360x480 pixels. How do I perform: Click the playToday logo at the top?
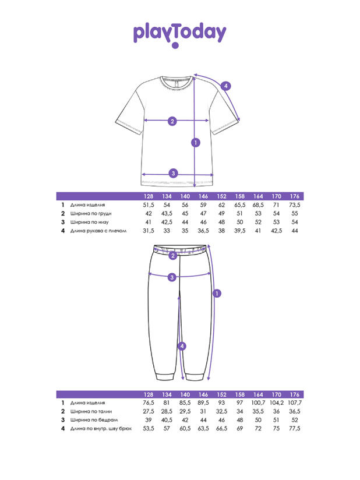(179, 34)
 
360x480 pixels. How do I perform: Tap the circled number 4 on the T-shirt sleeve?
(226, 86)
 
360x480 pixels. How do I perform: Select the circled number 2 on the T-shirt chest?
(172, 121)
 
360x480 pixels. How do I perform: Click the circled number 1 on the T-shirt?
(196, 142)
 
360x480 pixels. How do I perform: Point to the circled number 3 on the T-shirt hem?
(173, 173)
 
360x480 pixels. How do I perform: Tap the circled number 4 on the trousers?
(182, 346)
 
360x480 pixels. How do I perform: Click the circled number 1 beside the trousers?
(217, 294)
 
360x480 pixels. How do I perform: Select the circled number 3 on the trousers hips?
(172, 277)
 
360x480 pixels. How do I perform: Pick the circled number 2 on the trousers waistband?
(173, 256)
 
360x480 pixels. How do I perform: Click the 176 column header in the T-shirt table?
(295, 196)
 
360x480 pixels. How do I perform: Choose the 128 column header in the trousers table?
(149, 394)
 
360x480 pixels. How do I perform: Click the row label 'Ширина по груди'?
(91, 214)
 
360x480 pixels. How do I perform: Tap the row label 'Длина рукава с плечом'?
(98, 231)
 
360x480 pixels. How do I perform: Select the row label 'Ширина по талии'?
(91, 412)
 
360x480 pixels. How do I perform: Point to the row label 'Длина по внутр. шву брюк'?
(101, 429)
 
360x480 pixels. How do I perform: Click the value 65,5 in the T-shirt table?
(239, 205)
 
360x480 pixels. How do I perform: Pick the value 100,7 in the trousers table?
(258, 403)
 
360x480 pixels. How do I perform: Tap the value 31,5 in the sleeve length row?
(149, 231)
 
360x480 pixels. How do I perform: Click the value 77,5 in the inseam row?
(295, 429)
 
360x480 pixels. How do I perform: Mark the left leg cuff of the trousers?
(165, 376)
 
